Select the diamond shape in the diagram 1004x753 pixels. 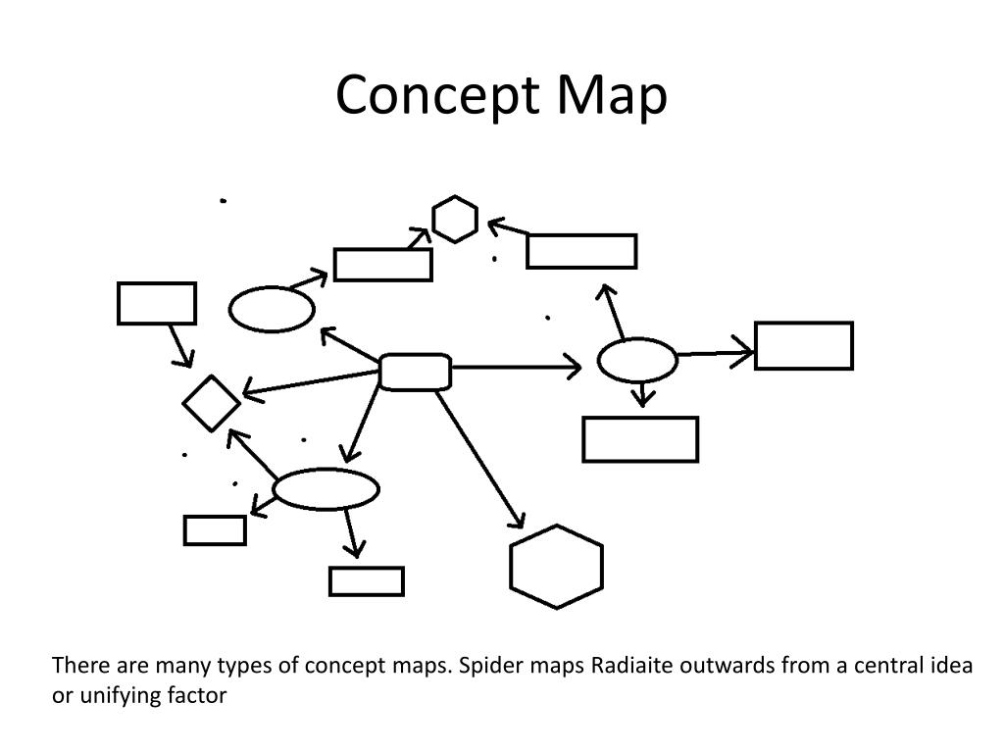(x=212, y=403)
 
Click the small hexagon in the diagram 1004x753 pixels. (x=455, y=220)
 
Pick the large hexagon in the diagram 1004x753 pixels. (x=556, y=567)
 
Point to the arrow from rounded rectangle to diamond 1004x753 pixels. (x=312, y=383)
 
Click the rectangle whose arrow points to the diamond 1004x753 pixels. (x=157, y=303)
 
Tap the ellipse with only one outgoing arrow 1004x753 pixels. (x=272, y=310)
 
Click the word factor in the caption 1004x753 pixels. (x=200, y=696)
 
